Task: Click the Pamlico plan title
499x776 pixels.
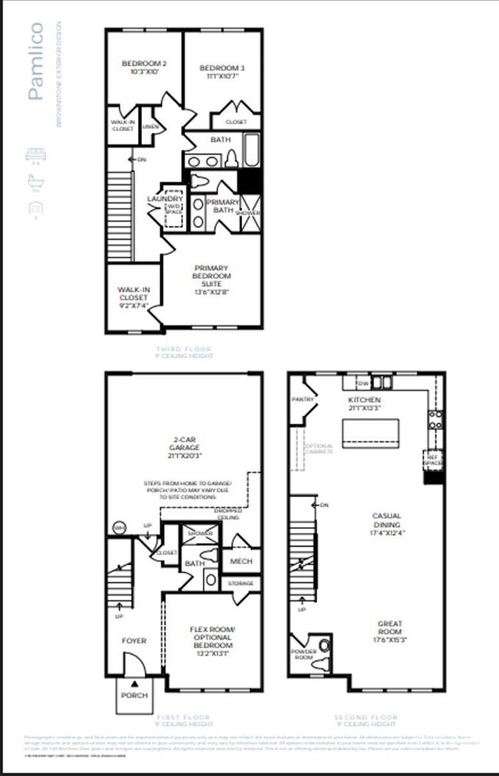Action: click(36, 62)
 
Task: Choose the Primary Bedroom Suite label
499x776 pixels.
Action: click(212, 280)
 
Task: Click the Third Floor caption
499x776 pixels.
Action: click(183, 352)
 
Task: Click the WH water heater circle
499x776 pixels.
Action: click(119, 528)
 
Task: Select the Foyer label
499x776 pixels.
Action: click(134, 640)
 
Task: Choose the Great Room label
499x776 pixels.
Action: click(390, 629)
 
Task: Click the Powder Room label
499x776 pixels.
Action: click(305, 654)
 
